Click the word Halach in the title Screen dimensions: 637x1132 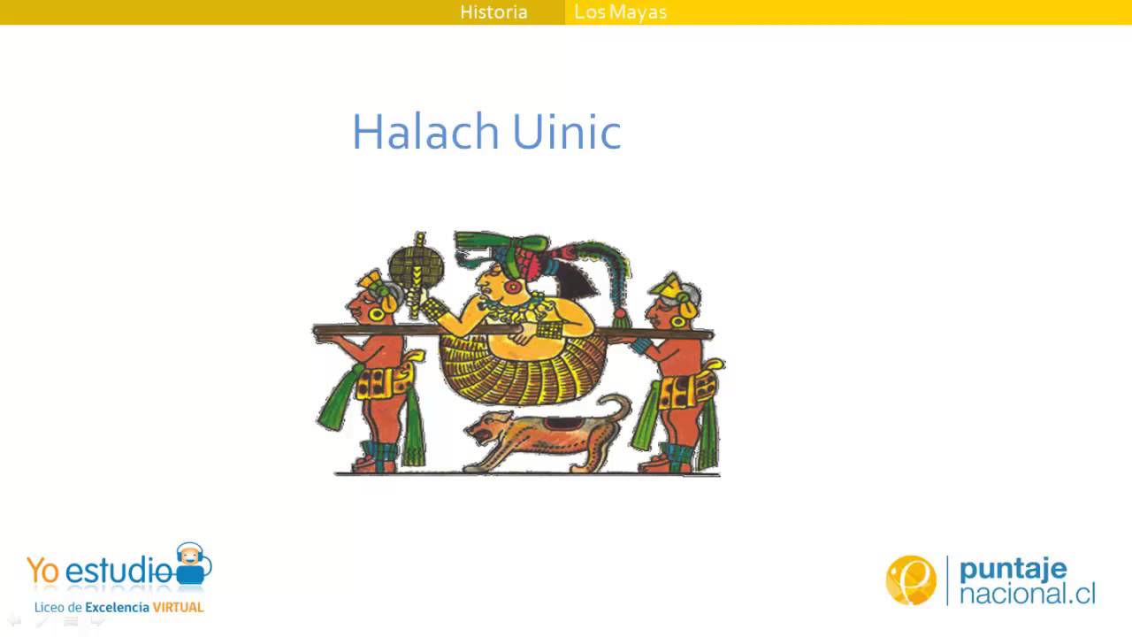424,132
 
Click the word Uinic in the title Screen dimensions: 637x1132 555,132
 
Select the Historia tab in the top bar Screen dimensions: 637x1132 493,12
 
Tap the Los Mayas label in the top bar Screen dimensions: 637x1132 620,12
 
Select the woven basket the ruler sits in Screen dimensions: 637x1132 513,367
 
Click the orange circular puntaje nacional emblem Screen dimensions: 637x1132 910,580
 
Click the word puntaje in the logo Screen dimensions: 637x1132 1013,568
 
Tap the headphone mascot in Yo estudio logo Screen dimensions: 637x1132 191,564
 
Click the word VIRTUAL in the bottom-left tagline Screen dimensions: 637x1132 178,608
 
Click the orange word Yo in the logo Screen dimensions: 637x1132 43,572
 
